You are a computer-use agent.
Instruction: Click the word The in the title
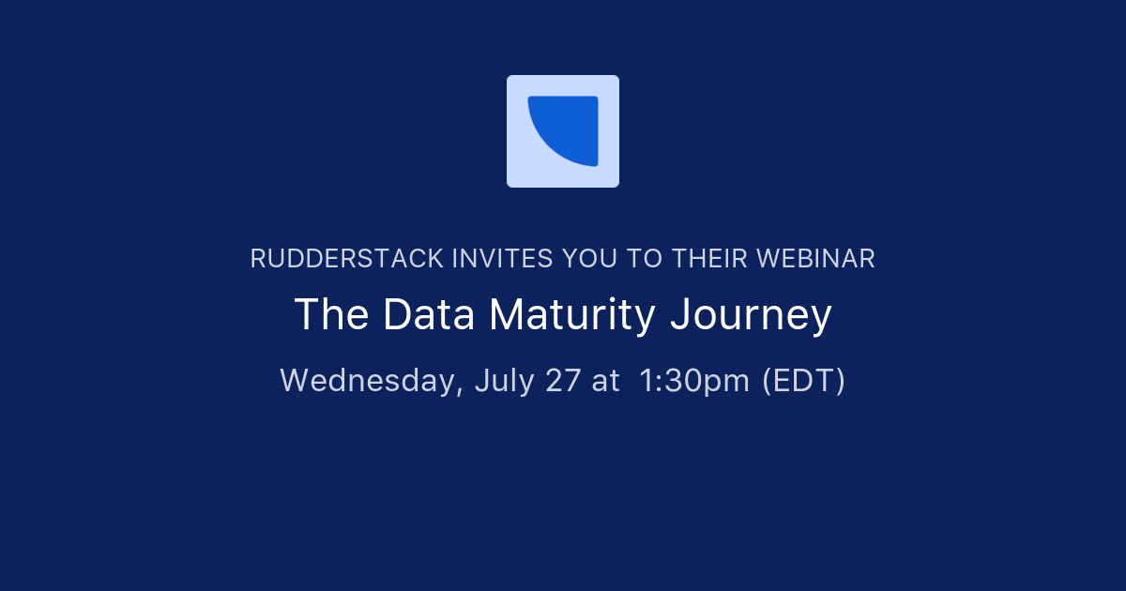click(332, 315)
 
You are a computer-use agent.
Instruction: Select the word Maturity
click(572, 315)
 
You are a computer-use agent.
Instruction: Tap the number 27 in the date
click(562, 381)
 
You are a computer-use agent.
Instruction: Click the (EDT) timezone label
click(803, 381)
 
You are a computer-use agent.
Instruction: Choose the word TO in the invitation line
click(645, 259)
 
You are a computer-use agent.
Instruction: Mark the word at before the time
click(606, 381)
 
